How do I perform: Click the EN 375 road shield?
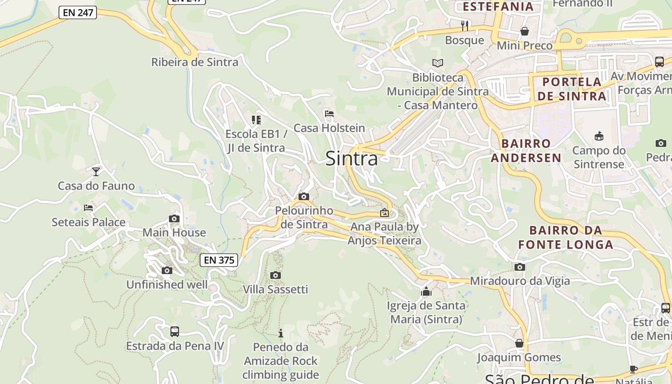click(x=219, y=260)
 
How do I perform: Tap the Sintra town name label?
click(x=351, y=158)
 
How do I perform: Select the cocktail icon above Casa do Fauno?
click(x=96, y=171)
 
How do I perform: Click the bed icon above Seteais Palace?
click(x=88, y=208)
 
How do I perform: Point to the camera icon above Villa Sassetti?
click(x=275, y=275)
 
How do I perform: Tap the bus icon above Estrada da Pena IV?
click(x=175, y=332)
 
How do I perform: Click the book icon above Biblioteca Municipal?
click(x=437, y=63)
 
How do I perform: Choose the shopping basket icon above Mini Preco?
click(x=525, y=31)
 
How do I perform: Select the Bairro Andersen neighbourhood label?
click(x=526, y=151)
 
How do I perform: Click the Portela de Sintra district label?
click(x=571, y=89)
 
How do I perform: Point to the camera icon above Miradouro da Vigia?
click(x=520, y=267)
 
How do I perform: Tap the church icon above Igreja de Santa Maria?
click(x=426, y=291)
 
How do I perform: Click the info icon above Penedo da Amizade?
click(x=281, y=333)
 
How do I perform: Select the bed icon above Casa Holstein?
click(x=329, y=114)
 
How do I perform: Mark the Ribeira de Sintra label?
click(x=194, y=62)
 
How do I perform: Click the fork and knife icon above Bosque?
click(x=464, y=25)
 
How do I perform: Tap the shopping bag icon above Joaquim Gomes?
click(x=519, y=343)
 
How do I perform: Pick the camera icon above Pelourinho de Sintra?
click(x=303, y=196)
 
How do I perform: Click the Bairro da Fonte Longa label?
click(x=565, y=237)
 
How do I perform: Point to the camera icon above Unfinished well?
click(x=167, y=271)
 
